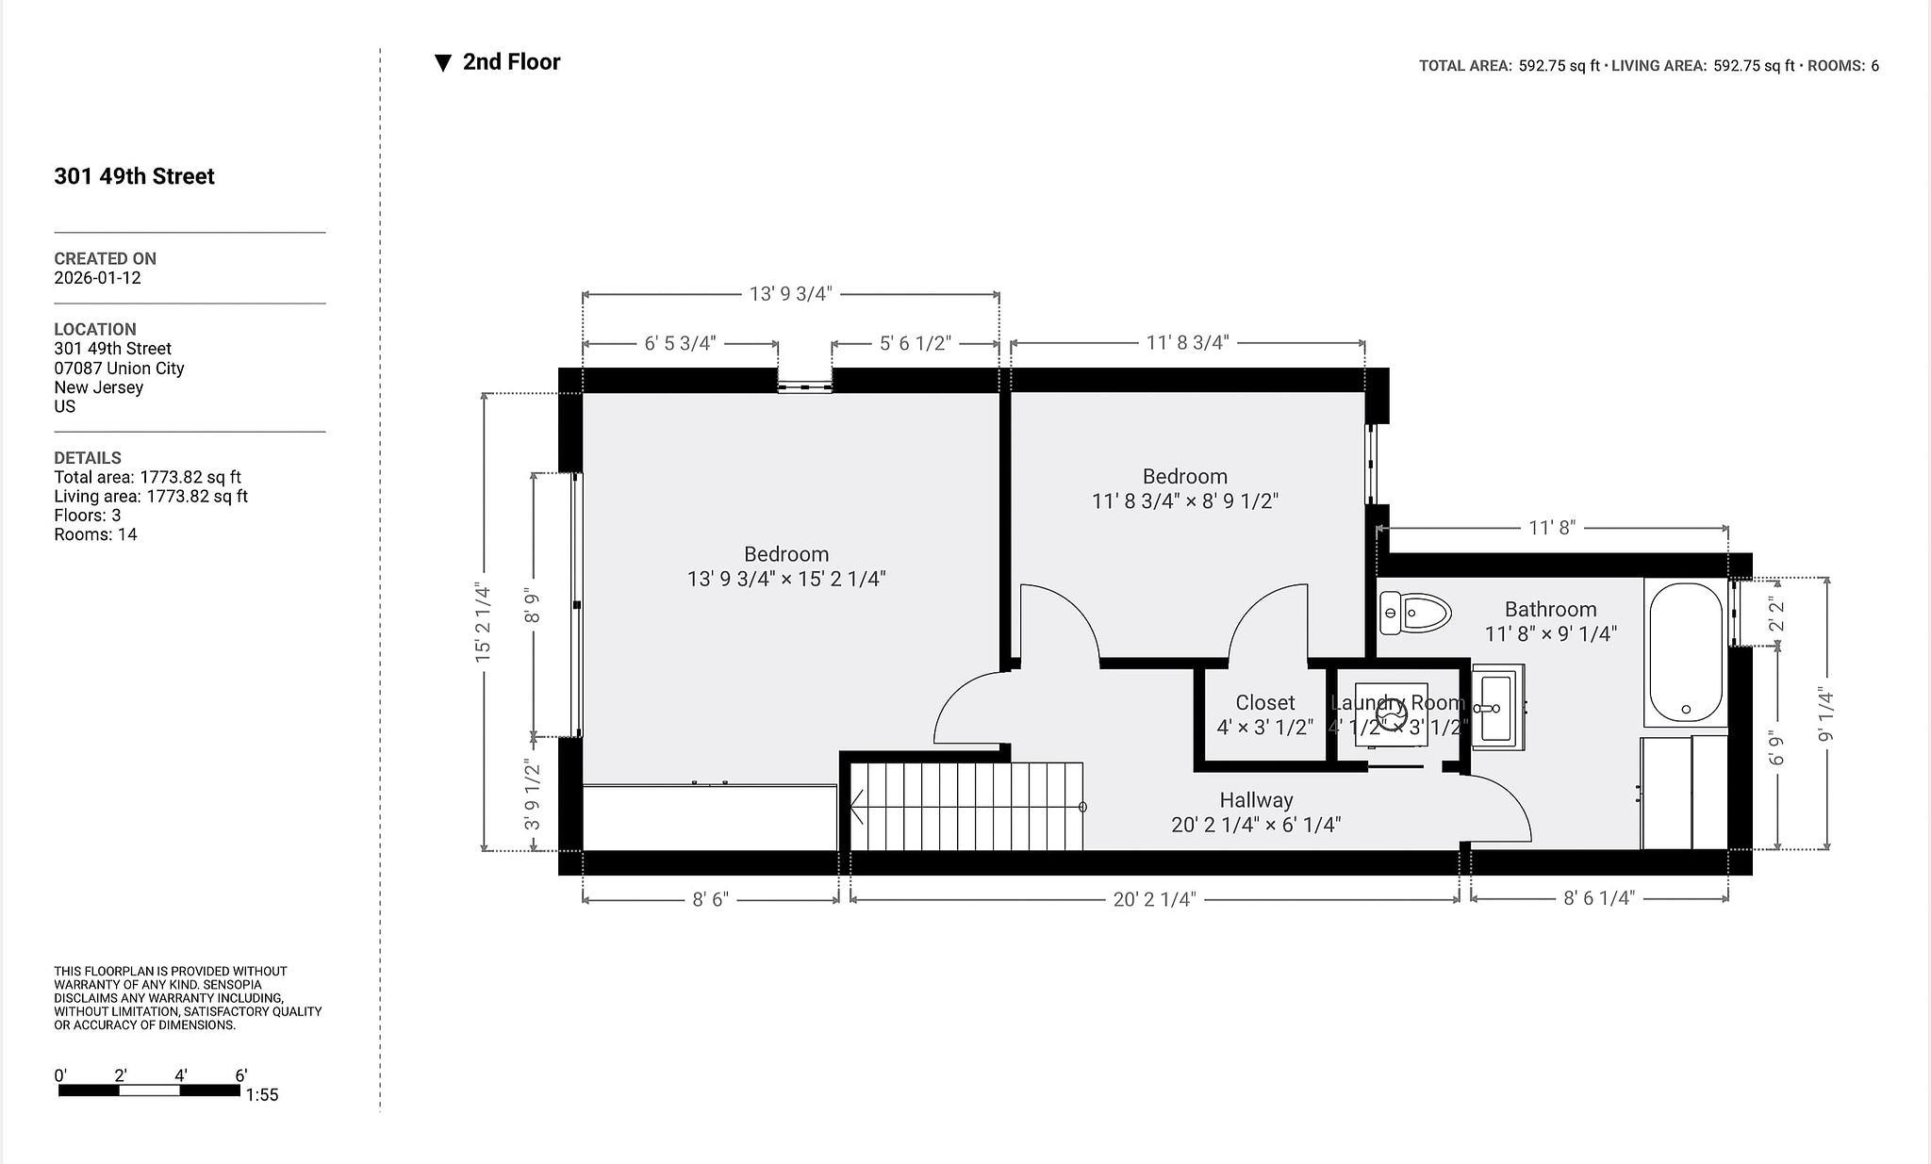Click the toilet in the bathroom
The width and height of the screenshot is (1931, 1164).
click(x=1414, y=613)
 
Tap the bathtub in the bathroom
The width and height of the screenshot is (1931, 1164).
click(x=1686, y=652)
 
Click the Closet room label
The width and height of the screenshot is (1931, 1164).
click(x=1264, y=703)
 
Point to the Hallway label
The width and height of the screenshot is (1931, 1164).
click(x=1256, y=800)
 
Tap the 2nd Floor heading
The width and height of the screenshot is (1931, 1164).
click(x=511, y=62)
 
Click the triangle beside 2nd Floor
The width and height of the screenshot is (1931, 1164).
click(x=442, y=63)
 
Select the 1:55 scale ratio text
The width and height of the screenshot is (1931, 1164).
click(x=262, y=1095)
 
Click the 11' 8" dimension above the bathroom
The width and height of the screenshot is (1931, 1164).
click(x=1552, y=528)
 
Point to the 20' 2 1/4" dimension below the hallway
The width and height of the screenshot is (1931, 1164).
click(x=1154, y=899)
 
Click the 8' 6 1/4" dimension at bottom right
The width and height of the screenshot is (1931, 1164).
click(x=1598, y=898)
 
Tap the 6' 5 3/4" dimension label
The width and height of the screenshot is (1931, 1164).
click(x=680, y=343)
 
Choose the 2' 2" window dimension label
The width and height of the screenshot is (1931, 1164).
click(x=1776, y=614)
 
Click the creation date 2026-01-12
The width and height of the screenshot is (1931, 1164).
click(x=97, y=278)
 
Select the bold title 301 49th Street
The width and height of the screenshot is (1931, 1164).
click(x=134, y=176)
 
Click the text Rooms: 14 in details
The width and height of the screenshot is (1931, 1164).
click(x=95, y=534)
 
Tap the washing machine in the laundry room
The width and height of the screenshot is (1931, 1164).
click(x=1392, y=714)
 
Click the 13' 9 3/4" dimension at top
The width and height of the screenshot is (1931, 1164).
click(x=791, y=294)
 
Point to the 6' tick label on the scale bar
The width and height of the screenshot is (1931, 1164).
click(x=240, y=1075)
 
